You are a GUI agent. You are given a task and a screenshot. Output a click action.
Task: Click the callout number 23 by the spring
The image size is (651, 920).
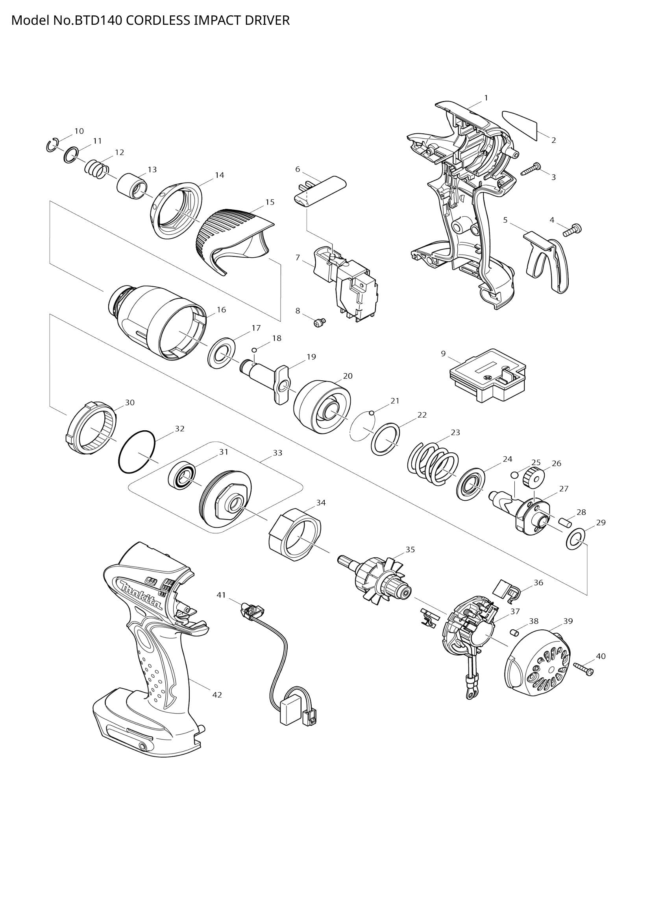coord(455,432)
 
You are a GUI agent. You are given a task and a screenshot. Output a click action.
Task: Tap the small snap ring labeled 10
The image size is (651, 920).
coord(52,146)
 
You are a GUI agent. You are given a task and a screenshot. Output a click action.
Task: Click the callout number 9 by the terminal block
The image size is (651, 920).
coord(443,354)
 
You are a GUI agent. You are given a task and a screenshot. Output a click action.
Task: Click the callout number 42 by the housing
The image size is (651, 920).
coord(217,695)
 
